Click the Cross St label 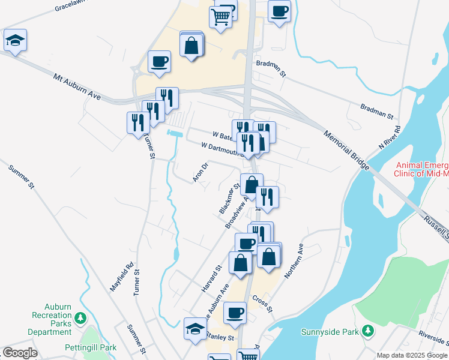click(262, 304)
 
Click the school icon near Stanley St click(195, 329)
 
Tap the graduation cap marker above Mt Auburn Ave click(15, 41)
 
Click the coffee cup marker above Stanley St click(235, 313)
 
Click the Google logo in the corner click(20, 353)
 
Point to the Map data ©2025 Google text click(412, 355)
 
